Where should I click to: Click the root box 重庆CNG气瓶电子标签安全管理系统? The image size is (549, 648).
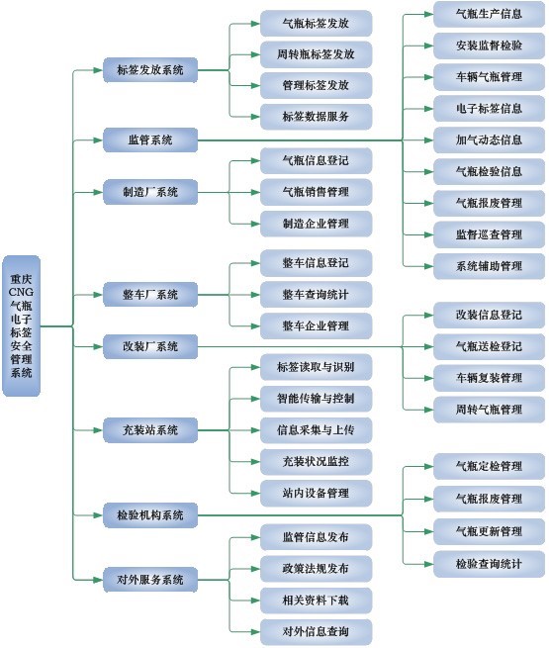(x=21, y=325)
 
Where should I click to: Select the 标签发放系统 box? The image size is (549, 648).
(x=150, y=70)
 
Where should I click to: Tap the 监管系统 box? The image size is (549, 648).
(x=150, y=140)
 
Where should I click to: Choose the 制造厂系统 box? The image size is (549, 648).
(x=150, y=192)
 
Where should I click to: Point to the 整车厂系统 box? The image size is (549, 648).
(x=150, y=295)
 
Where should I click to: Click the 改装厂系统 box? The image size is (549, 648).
(x=150, y=346)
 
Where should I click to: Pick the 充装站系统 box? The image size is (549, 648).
(x=150, y=430)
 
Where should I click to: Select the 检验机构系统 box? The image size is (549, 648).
(x=150, y=515)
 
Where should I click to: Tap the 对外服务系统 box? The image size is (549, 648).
(x=150, y=580)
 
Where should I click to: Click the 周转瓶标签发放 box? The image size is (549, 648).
(x=316, y=54)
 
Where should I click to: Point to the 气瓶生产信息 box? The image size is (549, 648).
(x=489, y=14)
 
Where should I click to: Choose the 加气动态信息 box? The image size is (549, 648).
(x=489, y=140)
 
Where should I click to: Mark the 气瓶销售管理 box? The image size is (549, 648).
(x=316, y=192)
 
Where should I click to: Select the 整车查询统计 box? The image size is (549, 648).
(x=316, y=295)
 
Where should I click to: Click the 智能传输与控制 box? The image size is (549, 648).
(x=316, y=399)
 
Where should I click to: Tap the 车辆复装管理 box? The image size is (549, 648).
(x=489, y=378)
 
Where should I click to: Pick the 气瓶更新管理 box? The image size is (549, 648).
(x=489, y=531)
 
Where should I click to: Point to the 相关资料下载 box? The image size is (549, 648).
(x=316, y=601)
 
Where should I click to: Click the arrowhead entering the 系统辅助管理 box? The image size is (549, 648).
(x=428, y=266)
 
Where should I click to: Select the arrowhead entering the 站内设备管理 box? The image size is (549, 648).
(x=255, y=493)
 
